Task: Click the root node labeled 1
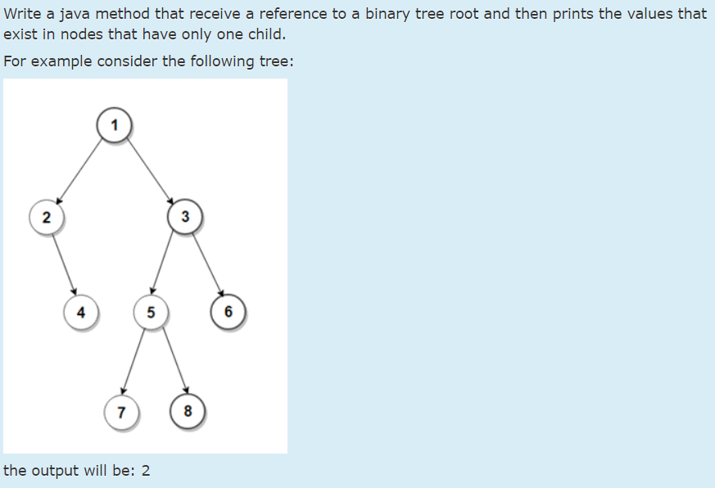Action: coord(115,125)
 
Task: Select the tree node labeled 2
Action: coord(46,217)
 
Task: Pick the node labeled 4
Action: coord(80,312)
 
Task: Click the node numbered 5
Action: coord(150,312)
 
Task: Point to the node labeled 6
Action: coord(228,312)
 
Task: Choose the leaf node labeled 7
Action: coord(121,411)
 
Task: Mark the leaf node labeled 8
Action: coord(188,411)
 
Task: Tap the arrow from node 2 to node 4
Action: coord(63,264)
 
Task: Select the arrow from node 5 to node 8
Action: coord(170,361)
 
